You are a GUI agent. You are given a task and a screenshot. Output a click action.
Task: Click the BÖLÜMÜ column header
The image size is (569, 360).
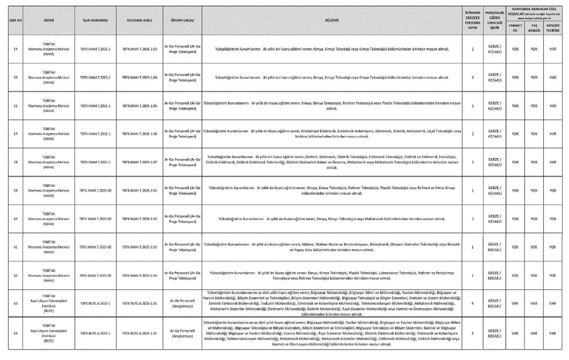point(332,20)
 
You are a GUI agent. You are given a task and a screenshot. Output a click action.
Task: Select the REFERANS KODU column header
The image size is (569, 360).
point(139,20)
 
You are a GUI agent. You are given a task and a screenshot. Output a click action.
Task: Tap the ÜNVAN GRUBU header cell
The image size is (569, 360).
point(182,20)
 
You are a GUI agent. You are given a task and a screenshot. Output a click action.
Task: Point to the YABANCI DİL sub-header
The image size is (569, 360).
point(515,28)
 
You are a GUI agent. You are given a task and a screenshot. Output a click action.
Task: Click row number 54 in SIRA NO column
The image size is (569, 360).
point(15,49)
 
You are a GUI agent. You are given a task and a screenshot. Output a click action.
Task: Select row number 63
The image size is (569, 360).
point(15,303)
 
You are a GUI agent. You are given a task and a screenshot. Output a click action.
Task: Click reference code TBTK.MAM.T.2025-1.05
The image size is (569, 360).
point(139,106)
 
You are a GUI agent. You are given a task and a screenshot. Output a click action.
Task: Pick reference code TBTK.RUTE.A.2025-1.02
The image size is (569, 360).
point(139,333)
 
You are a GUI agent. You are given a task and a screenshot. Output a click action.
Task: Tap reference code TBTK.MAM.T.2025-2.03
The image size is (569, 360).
point(139,247)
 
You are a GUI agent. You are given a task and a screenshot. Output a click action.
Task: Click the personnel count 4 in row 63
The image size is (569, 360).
point(472,303)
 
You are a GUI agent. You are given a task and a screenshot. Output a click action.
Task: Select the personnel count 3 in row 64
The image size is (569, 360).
point(472,333)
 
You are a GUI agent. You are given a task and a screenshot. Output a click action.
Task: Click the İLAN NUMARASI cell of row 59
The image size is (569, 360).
point(95,191)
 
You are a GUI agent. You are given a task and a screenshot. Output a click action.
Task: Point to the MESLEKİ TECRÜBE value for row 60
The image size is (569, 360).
point(552,219)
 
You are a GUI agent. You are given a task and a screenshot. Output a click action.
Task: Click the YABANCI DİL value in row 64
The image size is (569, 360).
point(515,333)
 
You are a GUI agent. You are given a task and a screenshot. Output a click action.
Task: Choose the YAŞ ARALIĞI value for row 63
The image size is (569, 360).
point(534,303)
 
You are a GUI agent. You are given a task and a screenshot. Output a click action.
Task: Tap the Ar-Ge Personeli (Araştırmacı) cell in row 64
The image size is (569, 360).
point(182,333)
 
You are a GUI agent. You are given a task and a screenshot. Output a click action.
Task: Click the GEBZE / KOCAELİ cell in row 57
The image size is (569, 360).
point(495,134)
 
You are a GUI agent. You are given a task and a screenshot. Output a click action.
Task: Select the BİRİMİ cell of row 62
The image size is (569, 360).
point(49,275)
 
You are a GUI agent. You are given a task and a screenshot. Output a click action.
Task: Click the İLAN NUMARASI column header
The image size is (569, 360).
point(95,20)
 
